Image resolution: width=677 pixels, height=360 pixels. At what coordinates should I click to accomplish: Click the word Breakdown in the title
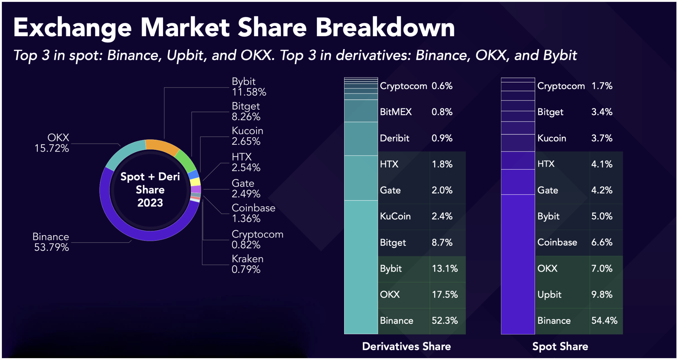click(385, 28)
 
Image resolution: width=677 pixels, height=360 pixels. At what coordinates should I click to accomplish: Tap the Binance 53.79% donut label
click(51, 242)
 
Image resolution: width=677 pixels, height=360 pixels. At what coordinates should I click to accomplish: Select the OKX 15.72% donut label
click(52, 143)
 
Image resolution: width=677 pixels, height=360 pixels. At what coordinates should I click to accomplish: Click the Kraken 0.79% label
click(247, 264)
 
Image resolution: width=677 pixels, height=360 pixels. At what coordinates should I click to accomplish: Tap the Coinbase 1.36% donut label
click(253, 213)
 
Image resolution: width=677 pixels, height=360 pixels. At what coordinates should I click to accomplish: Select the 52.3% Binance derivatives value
click(445, 321)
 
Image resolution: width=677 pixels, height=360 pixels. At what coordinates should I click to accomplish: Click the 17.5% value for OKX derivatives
click(445, 295)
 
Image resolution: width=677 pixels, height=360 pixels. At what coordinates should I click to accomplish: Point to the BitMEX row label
click(395, 112)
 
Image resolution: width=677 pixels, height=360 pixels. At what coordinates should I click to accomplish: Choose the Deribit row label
click(394, 138)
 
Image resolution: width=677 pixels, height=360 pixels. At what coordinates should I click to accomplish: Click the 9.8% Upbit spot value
click(601, 295)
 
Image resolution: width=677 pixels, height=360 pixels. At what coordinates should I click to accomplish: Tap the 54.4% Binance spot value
click(604, 321)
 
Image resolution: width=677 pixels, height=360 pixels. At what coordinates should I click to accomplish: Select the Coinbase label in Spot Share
click(557, 242)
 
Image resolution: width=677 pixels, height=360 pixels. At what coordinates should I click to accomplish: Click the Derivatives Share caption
click(406, 346)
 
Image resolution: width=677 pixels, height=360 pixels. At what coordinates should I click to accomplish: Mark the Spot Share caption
click(560, 346)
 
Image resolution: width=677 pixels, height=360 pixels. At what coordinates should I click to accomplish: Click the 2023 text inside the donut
click(150, 203)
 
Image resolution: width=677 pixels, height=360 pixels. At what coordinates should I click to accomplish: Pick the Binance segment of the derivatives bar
click(361, 267)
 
